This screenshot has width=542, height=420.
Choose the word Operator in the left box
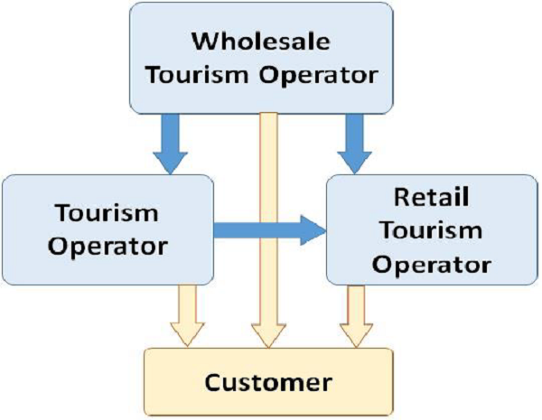click(107, 246)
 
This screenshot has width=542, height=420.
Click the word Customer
click(269, 381)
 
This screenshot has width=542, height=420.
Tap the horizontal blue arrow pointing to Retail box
click(267, 231)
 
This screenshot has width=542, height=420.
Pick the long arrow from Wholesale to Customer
click(267, 226)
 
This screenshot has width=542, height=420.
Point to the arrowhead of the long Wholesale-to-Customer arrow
click(267, 336)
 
